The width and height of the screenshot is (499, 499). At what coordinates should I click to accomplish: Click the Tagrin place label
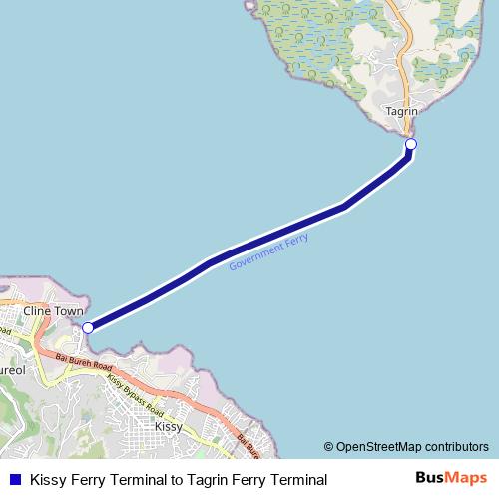pos(400,112)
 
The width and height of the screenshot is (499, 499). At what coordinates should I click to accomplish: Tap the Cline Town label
pos(54,311)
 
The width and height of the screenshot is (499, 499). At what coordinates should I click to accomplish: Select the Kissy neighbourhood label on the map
pos(169,426)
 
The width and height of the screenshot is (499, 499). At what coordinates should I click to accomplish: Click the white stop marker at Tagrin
pos(410,145)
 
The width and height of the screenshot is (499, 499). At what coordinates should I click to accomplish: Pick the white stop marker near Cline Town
pos(88,327)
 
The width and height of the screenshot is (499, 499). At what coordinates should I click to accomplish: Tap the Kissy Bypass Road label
pos(134,395)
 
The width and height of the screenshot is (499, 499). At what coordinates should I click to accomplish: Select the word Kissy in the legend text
pos(47,480)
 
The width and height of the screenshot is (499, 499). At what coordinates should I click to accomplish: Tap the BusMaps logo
pos(451,478)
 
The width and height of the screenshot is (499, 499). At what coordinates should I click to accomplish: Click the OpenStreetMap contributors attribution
pos(406,446)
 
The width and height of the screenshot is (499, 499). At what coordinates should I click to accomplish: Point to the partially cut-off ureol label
pos(11,369)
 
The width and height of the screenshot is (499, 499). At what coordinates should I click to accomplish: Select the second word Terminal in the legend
pos(297,480)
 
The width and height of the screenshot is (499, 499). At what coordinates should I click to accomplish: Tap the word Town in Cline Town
pos(69,311)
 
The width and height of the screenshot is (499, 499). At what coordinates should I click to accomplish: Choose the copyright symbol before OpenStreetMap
pos(328,446)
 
